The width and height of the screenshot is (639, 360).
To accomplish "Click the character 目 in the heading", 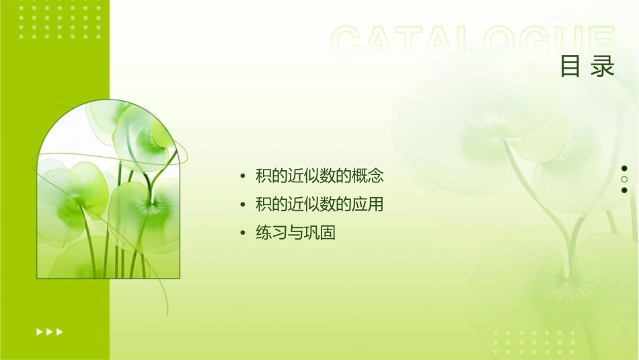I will tap(570, 67).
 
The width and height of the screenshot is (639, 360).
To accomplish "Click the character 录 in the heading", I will tap(603, 67).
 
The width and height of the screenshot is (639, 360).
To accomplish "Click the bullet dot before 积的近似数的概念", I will tap(243, 177).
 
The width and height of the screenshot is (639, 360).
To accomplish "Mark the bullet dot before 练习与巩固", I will tap(243, 233).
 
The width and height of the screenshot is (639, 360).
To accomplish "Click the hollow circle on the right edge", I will tap(624, 180).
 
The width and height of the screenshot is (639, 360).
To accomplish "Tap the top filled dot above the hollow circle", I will tap(624, 169).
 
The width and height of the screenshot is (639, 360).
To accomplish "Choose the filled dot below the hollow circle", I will tap(624, 190).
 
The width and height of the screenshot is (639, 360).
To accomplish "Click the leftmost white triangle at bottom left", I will tap(39, 331).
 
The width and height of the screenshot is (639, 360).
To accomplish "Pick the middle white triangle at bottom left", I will tap(49, 331).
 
